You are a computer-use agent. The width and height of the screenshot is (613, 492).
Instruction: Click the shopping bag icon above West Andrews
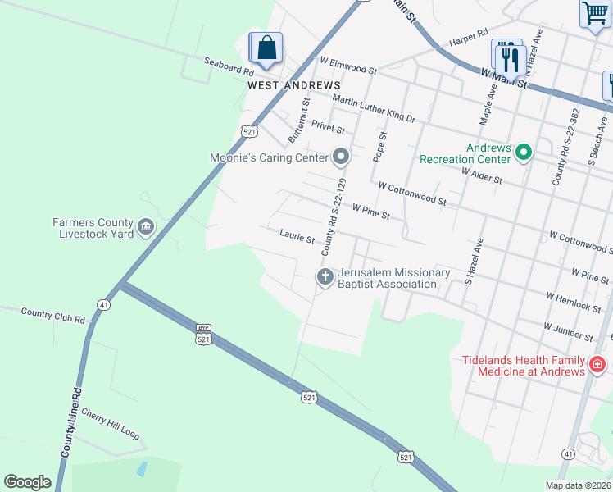[266, 48]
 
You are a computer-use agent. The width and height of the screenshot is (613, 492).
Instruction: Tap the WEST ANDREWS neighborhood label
[294, 85]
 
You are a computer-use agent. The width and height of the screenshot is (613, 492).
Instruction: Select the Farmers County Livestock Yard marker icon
[147, 227]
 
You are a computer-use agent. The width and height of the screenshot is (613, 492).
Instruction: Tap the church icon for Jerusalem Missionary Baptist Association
[325, 277]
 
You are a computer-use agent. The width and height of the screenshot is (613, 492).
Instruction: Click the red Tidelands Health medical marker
[597, 364]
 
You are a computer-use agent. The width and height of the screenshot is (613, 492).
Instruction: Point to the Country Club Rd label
[53, 312]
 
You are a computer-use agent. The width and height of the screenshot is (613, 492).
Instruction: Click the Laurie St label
[297, 238]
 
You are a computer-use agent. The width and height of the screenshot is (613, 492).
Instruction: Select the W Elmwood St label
[347, 62]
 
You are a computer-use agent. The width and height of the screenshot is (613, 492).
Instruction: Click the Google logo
[27, 481]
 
